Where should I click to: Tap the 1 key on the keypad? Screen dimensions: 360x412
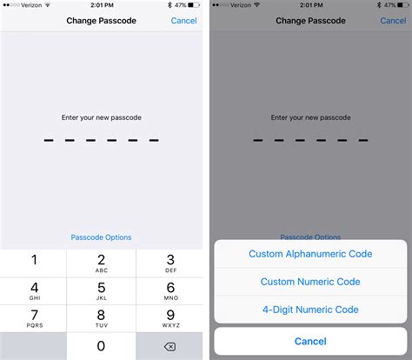point(34,263)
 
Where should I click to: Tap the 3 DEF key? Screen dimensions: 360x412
point(169,263)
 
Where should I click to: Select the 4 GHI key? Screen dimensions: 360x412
point(34,290)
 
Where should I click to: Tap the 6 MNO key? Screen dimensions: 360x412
point(169,290)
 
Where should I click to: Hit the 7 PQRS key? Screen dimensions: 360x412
point(34,318)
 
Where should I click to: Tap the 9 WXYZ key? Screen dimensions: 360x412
point(169,318)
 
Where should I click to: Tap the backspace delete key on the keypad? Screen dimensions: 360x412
point(169,345)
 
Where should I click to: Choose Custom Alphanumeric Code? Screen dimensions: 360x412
point(310,254)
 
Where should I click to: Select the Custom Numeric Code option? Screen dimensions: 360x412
point(310,282)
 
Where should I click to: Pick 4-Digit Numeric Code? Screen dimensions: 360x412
point(310,310)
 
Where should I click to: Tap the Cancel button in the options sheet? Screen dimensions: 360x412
point(310,341)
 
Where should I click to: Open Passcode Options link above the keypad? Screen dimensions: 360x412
point(102,237)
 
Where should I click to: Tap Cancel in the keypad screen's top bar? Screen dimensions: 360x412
point(183,21)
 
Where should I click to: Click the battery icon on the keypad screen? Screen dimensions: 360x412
point(192,5)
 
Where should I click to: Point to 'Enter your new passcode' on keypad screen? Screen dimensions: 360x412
point(102,117)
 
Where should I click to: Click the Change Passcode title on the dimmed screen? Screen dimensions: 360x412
point(310,21)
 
